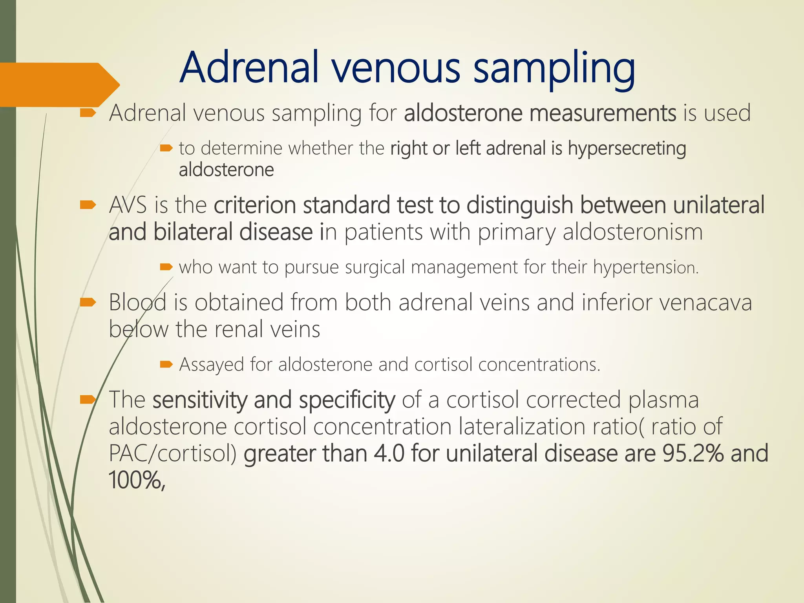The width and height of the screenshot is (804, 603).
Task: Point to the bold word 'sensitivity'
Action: (200, 400)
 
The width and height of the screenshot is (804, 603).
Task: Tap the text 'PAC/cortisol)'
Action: (173, 453)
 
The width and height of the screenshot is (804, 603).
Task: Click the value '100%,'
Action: (137, 480)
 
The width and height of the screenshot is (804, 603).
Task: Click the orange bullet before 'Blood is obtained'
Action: (88, 302)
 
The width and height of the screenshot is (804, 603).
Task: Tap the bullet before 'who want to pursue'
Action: (166, 267)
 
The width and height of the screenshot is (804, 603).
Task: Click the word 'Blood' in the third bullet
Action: (137, 302)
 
